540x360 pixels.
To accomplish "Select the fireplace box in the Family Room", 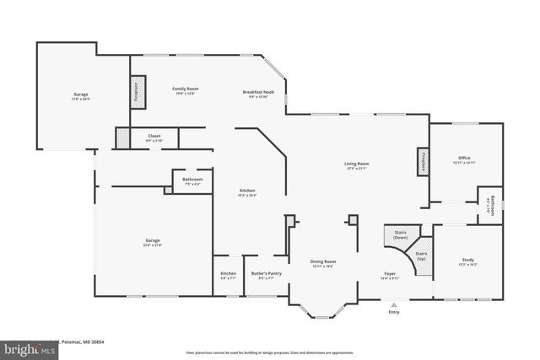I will pos(136,93).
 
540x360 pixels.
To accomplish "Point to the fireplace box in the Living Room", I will pos(421,162).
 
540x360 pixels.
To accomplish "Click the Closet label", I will pos(154,136).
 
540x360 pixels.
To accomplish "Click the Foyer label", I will pos(390,273).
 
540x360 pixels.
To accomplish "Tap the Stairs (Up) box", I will pos(420,255).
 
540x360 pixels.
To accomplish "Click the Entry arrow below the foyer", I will pos(392,304).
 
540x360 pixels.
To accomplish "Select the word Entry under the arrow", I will pos(393,313).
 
